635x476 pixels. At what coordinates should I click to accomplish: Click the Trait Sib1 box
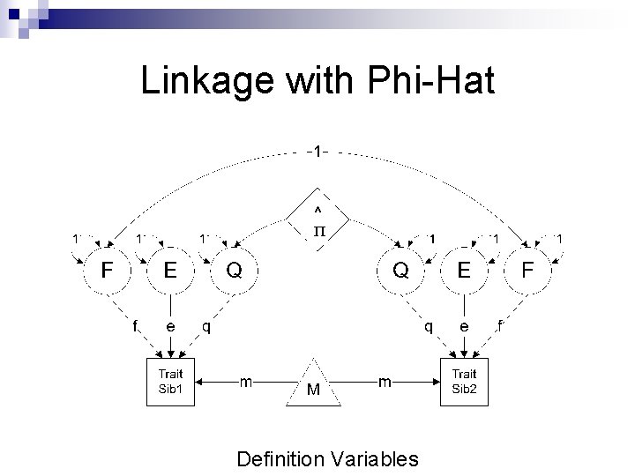tap(169, 382)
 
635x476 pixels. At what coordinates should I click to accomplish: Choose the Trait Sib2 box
tap(465, 382)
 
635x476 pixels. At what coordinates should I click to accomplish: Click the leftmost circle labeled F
tap(105, 271)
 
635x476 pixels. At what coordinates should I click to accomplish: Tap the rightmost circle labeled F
tap(527, 271)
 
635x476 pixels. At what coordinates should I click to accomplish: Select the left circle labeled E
tap(169, 271)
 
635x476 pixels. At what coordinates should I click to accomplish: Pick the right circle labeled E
tap(464, 271)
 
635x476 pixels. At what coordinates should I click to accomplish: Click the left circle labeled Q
tap(234, 271)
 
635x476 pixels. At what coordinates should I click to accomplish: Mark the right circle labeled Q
tap(400, 271)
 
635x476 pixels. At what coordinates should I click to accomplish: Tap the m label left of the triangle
tap(248, 381)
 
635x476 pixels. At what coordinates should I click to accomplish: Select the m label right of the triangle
tap(385, 381)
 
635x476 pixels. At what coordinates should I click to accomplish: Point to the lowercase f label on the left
tap(135, 326)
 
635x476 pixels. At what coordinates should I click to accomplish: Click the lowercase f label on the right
tap(500, 326)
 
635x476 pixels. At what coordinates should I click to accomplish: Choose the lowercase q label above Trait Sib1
tap(205, 326)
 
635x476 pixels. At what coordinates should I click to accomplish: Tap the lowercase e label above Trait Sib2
tap(464, 326)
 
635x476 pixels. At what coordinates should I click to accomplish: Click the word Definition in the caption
tap(281, 458)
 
